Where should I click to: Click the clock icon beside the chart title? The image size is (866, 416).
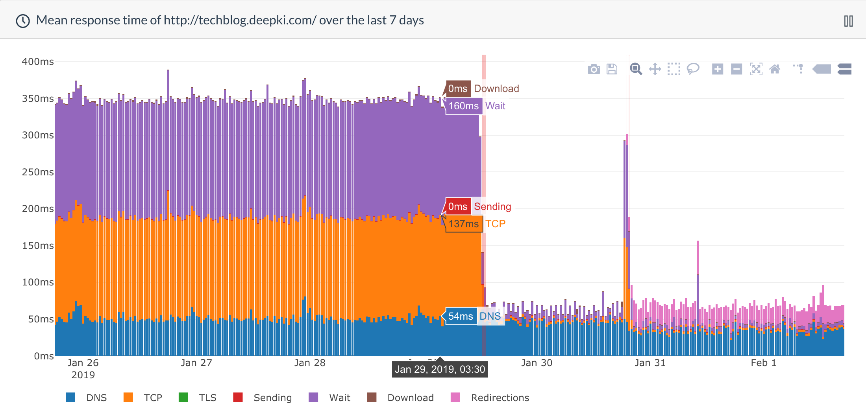point(23,21)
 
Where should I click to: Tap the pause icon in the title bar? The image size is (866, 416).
point(848,21)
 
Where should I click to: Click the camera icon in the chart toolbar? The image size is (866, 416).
point(594,70)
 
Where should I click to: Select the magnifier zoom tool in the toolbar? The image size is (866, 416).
point(635,69)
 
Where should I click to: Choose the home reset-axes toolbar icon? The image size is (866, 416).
point(775,69)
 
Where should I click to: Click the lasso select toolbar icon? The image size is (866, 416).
point(693,69)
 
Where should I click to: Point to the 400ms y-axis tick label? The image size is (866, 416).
point(38,62)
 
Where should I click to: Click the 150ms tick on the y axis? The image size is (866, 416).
point(38,246)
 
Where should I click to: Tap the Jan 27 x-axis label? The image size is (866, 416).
point(196,363)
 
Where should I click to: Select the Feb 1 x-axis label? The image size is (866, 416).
point(763,363)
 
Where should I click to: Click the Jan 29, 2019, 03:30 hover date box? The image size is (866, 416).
point(440,369)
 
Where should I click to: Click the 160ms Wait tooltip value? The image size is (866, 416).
point(464,106)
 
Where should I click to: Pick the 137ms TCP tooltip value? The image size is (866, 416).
point(464,224)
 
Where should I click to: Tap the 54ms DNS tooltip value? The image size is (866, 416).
point(461,317)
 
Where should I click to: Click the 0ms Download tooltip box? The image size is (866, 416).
point(458,89)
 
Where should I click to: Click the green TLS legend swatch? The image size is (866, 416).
point(183,397)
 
